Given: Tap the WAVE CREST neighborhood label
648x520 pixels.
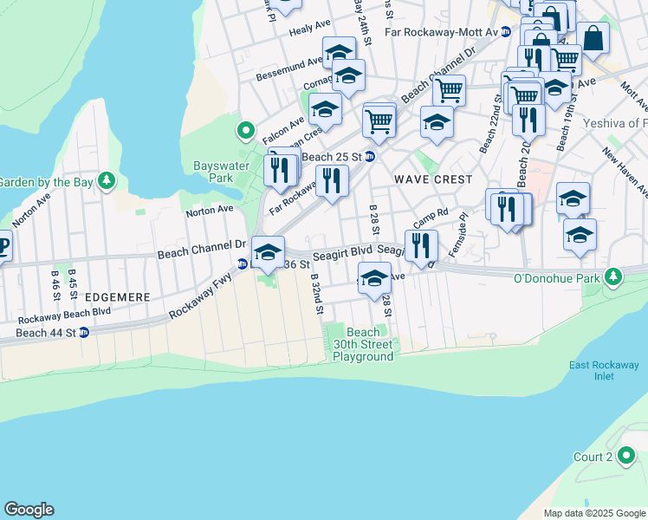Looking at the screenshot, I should click(x=433, y=179).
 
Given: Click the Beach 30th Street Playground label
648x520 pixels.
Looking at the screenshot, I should click(x=363, y=344).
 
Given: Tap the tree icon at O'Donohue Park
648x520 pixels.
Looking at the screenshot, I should click(x=613, y=277).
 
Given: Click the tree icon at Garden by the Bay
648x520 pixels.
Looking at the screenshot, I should click(x=107, y=181).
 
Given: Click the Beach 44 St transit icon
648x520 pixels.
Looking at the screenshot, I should click(x=83, y=332).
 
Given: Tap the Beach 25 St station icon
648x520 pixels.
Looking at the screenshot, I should click(x=370, y=156).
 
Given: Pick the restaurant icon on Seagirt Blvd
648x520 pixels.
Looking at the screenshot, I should click(x=421, y=244).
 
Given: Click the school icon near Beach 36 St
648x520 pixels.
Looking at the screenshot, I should click(x=268, y=251).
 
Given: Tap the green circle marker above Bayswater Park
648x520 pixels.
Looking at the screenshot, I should click(x=246, y=132).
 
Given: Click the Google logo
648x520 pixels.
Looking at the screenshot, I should click(x=29, y=510).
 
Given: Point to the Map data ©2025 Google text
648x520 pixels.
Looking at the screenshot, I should click(x=593, y=513).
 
